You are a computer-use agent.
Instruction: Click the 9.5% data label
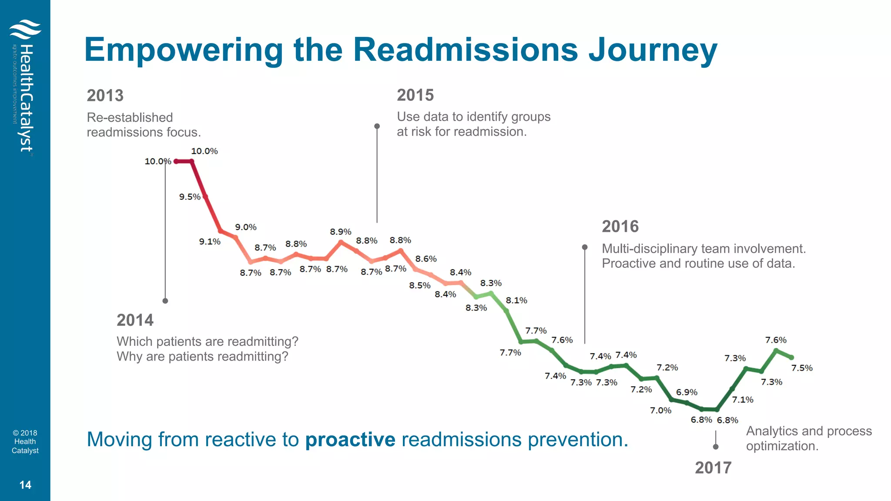[x=190, y=197]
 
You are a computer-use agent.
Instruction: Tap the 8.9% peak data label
[x=340, y=232]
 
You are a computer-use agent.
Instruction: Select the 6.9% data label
[x=687, y=392]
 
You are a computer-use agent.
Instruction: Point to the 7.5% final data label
[x=801, y=368]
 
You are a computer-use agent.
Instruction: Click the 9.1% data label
[x=210, y=242]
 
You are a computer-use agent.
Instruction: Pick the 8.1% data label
[x=516, y=301]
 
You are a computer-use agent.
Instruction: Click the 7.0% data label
[x=660, y=411]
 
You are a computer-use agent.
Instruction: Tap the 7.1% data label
[x=742, y=400]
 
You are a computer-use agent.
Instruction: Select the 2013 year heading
[x=105, y=96]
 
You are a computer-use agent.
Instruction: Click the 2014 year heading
[x=135, y=321]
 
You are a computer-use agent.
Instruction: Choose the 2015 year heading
[x=415, y=95]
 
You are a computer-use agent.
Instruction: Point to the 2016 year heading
[x=620, y=227]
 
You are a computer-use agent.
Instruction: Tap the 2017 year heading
[x=713, y=468]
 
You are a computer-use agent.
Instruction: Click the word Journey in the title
[x=653, y=50]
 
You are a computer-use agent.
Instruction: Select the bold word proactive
[x=350, y=440]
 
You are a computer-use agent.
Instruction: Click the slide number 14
[x=25, y=485]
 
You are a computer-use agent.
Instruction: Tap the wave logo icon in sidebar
[x=25, y=30]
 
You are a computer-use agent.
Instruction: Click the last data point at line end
[x=791, y=357]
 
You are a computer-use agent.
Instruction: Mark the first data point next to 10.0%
[x=176, y=161]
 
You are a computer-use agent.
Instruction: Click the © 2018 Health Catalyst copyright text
[x=25, y=442]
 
